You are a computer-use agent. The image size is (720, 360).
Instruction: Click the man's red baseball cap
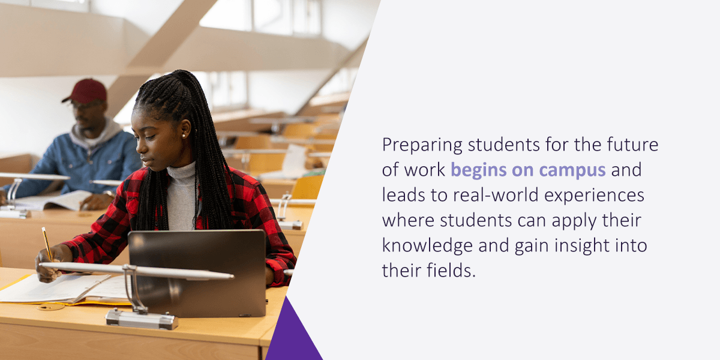point(86,91)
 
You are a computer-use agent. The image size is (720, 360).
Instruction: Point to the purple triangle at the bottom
point(293,336)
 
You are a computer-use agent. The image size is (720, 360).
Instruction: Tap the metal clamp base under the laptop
point(142,319)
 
